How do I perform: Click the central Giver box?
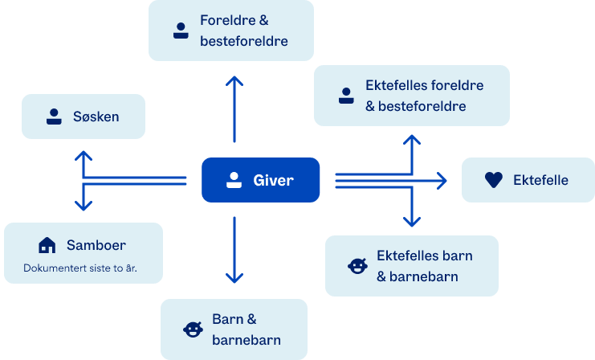coord(260,180)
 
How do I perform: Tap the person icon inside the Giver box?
coord(234,180)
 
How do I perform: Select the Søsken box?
coord(83,117)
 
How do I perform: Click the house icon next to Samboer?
coord(47,245)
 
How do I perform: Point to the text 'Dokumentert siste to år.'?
coord(79,268)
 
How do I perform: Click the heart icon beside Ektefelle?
coord(494,180)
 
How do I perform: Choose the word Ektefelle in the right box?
coord(540,180)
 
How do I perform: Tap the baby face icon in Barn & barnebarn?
coord(193,329)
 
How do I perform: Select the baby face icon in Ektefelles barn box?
coord(357,266)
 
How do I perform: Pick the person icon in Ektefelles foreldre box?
coord(346,95)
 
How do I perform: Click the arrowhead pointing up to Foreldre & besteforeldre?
coord(234,80)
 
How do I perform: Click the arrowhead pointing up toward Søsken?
coord(84,153)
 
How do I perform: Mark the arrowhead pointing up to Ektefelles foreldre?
coord(411,140)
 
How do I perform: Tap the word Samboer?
coord(96,245)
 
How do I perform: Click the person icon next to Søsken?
coord(54,117)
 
